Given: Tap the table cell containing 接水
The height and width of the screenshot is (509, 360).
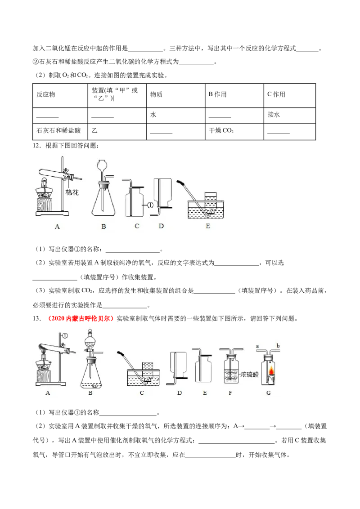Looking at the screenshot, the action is pyautogui.click(x=289, y=115).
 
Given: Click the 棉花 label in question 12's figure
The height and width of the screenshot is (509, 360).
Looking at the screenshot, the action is pyautogui.click(x=72, y=192).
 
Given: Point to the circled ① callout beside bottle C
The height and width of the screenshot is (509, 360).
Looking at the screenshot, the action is pyautogui.click(x=150, y=205).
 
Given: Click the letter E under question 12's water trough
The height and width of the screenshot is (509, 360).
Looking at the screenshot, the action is pyautogui.click(x=208, y=226).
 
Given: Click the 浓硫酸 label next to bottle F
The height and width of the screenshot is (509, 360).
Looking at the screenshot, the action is pyautogui.click(x=250, y=374).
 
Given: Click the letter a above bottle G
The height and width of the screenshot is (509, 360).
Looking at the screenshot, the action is pyautogui.click(x=257, y=346).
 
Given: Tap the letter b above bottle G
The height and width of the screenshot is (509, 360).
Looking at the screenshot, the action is pyautogui.click(x=278, y=346).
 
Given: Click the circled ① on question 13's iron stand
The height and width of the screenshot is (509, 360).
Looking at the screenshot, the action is pyautogui.click(x=65, y=335).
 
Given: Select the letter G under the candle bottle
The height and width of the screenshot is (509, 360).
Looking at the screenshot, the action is pyautogui.click(x=268, y=393).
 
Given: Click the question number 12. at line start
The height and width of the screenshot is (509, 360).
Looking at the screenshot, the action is pyautogui.click(x=37, y=145).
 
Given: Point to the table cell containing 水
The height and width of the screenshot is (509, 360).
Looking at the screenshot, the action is pyautogui.click(x=175, y=115).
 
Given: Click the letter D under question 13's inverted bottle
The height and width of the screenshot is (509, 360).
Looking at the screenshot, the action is pyautogui.click(x=180, y=393).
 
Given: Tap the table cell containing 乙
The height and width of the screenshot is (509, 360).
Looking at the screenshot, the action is pyautogui.click(x=117, y=131).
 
